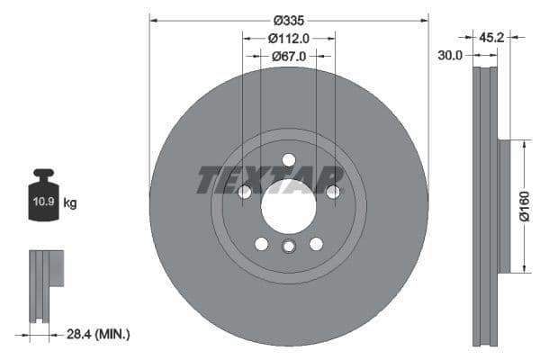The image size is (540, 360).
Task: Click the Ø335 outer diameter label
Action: click(289, 20)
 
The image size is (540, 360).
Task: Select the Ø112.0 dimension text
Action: click(289, 38)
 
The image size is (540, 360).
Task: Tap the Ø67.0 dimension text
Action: click(289, 56)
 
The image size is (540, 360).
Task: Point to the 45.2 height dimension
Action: click(491, 38)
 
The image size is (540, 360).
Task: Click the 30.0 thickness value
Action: click(450, 56)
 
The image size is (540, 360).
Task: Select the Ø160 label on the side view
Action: click(526, 205)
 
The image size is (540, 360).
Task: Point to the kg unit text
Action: click(70, 203)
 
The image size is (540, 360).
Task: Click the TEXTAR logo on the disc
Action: click(270, 180)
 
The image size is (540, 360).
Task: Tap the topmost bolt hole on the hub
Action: click(288, 160)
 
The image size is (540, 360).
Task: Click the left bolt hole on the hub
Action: click(244, 192)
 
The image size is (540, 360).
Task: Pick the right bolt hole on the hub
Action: click(333, 192)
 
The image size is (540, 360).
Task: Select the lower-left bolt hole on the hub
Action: click(261, 244)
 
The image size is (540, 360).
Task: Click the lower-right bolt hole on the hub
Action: click(316, 244)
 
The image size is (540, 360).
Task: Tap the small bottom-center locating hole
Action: click(288, 247)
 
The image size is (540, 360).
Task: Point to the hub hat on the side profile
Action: click(504, 205)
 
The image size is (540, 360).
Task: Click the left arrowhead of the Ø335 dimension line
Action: click(153, 20)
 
